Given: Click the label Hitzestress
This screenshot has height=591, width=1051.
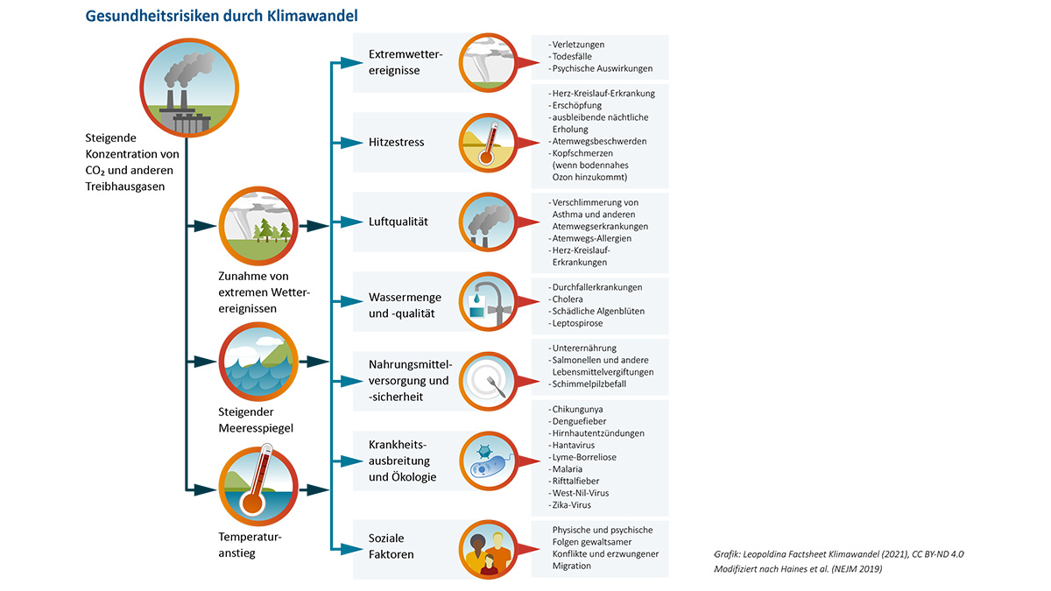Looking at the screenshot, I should point(396,142).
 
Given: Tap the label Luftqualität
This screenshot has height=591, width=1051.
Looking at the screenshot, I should point(398,222).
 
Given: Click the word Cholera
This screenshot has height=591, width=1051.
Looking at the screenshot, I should point(567,299).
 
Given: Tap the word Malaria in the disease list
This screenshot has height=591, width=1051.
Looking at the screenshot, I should point(567,469).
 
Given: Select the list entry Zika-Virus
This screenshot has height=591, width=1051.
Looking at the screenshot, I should point(574,505).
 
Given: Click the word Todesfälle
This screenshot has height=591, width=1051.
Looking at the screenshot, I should point(572,56).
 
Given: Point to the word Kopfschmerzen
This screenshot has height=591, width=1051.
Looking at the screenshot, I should point(585,153).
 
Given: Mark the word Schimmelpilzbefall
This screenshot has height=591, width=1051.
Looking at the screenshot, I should point(589,383).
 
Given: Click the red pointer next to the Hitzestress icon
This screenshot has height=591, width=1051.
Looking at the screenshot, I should point(525,143).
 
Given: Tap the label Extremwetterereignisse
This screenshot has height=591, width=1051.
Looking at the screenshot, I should point(406,62).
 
